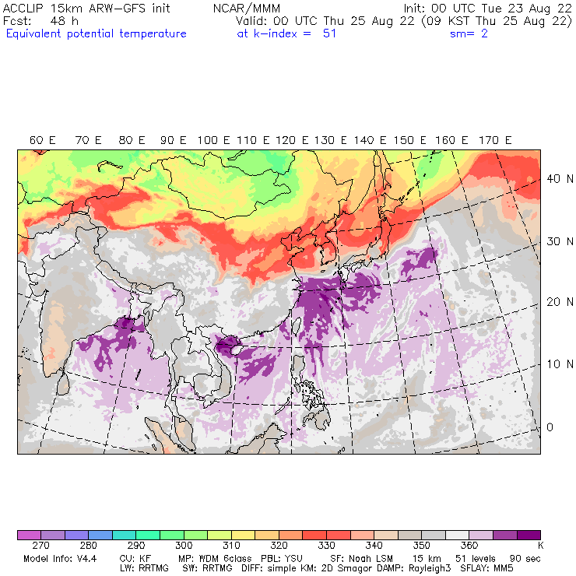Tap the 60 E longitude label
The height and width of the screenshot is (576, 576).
click(43, 140)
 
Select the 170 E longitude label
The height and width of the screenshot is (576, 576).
click(496, 140)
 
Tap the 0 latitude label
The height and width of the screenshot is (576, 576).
click(550, 427)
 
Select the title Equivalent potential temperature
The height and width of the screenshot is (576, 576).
click(96, 33)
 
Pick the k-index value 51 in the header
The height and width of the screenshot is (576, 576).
click(328, 33)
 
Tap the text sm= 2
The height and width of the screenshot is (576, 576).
click(469, 33)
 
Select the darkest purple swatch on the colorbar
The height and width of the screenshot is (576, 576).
click(529, 536)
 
